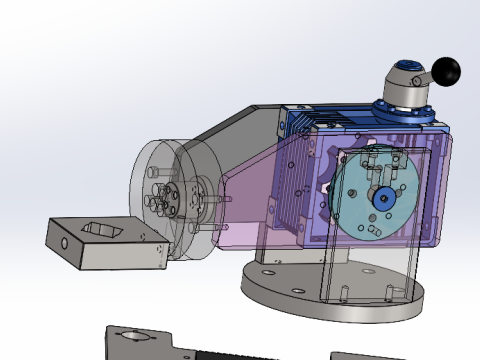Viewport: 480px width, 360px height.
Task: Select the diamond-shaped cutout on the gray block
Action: pos(103,230)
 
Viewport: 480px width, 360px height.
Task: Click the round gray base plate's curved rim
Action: pos(330,308)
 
